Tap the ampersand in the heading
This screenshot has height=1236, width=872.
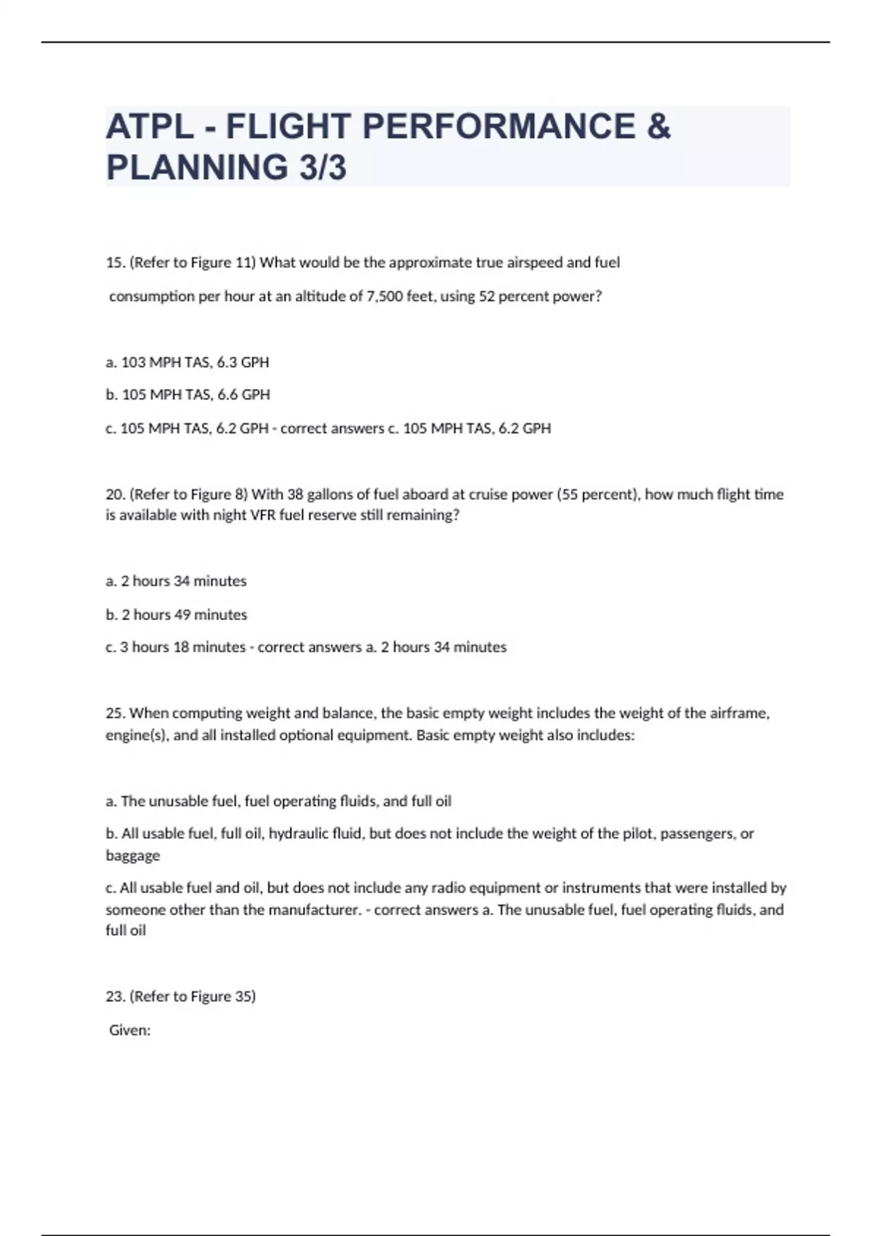point(657,127)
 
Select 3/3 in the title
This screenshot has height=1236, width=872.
point(322,167)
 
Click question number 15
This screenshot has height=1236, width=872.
point(116,262)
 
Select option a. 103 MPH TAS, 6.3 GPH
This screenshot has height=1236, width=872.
point(187,362)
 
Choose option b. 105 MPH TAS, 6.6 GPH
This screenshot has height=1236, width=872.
point(187,395)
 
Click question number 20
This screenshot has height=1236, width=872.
point(116,494)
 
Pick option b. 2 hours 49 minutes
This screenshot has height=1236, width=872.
point(177,614)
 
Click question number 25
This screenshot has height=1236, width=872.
point(116,713)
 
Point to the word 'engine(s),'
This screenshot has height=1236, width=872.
point(137,735)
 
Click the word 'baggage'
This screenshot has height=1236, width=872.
point(132,856)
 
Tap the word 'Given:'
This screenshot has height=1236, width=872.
point(130,1030)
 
